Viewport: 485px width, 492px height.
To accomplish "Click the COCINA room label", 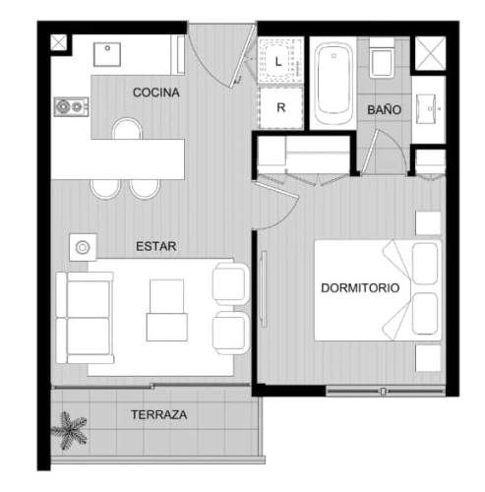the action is pyautogui.click(x=156, y=92).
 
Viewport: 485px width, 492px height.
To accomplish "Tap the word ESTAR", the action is pyautogui.click(x=156, y=246).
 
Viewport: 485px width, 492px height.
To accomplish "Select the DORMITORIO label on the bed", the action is pyautogui.click(x=360, y=288).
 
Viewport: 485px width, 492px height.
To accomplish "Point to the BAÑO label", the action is pyautogui.click(x=384, y=109).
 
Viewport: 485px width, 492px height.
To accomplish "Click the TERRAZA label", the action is pyautogui.click(x=159, y=414).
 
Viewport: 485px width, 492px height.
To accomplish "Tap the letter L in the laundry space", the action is pyautogui.click(x=278, y=62).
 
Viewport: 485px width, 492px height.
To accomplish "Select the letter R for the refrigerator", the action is pyautogui.click(x=281, y=107).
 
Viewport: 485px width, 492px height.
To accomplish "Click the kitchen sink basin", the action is pyautogui.click(x=107, y=54).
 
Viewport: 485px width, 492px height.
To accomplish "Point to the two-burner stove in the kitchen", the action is pyautogui.click(x=72, y=106).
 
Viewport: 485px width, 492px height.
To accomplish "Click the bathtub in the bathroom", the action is pyautogui.click(x=333, y=84).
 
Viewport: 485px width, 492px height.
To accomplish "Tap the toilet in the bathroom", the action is pyautogui.click(x=382, y=58).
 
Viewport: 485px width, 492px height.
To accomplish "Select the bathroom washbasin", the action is pyautogui.click(x=427, y=109).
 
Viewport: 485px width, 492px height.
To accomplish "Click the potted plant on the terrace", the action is pyautogui.click(x=70, y=430).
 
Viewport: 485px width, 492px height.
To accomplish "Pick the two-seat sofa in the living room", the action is pyautogui.click(x=85, y=318).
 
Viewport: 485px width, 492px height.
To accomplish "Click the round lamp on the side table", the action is pyautogui.click(x=83, y=247).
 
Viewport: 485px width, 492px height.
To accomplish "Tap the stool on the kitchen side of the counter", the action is pyautogui.click(x=127, y=129).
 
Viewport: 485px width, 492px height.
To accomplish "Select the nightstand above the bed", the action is pyautogui.click(x=428, y=223).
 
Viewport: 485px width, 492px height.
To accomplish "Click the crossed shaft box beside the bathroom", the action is pyautogui.click(x=430, y=53).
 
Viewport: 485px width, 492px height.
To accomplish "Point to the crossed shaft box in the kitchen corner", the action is pyautogui.click(x=59, y=43).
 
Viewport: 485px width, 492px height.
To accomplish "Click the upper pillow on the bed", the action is pyautogui.click(x=425, y=264).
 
